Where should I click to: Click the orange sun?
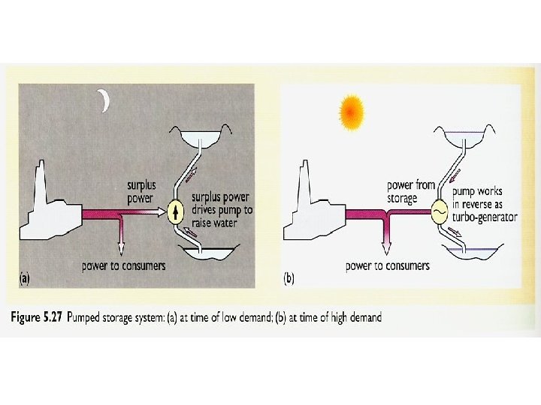click(x=352, y=112)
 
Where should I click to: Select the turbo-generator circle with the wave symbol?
click(x=438, y=214)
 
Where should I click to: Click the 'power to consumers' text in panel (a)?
click(x=124, y=265)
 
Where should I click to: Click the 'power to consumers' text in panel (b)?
click(x=387, y=265)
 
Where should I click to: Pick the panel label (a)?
click(x=25, y=278)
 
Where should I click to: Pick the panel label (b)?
click(x=289, y=278)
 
